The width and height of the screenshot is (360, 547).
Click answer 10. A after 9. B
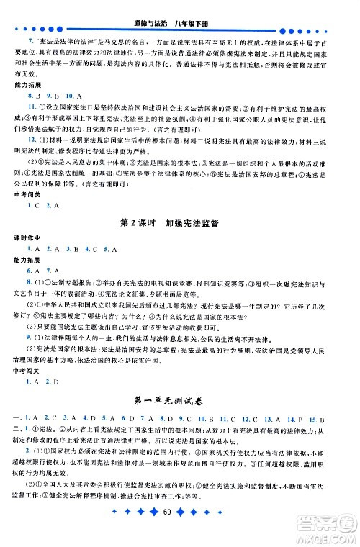73,95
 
